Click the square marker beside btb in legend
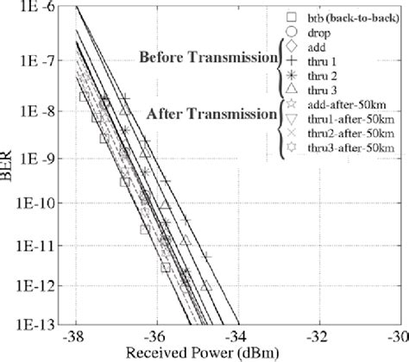(x=291, y=16)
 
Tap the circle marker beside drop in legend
(x=291, y=31)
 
